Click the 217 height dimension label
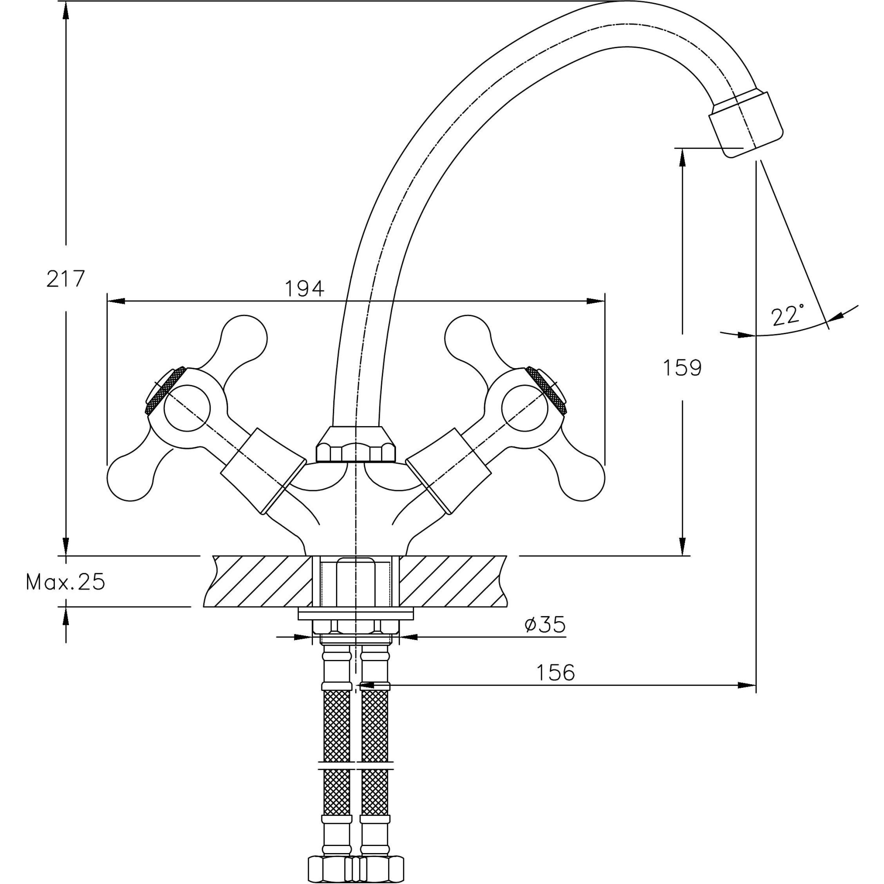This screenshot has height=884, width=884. pyautogui.click(x=65, y=278)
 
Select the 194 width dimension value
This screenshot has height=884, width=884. pyautogui.click(x=304, y=289)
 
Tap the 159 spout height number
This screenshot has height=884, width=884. pyautogui.click(x=682, y=367)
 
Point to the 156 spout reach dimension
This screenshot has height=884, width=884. pyautogui.click(x=555, y=672)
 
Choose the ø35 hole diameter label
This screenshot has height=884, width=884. pyautogui.click(x=545, y=624)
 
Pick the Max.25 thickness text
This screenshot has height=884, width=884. pyautogui.click(x=65, y=582)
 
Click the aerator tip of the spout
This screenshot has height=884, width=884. pyautogui.click(x=747, y=124)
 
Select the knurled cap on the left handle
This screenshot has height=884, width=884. pyautogui.click(x=165, y=390)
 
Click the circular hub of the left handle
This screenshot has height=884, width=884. pyautogui.click(x=187, y=408)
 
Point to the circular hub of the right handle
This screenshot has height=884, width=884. pyautogui.click(x=524, y=408)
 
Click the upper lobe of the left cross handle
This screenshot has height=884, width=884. pyautogui.click(x=244, y=338)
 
